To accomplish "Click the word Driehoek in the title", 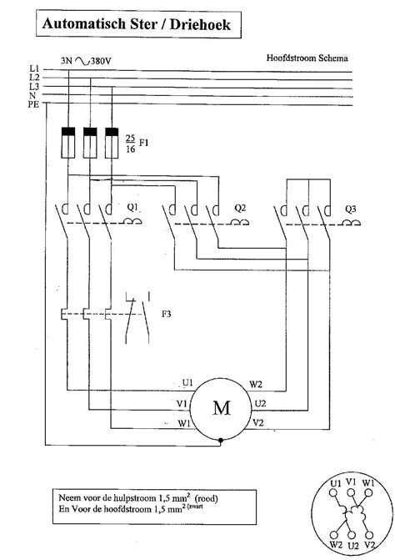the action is (x=200, y=24).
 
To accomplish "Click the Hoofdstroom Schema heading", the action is (x=307, y=58).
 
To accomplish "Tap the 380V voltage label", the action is (x=101, y=61).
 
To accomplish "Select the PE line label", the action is (x=33, y=104).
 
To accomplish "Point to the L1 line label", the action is (x=34, y=68).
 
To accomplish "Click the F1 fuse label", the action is (x=143, y=143).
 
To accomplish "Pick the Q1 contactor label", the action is (x=132, y=207).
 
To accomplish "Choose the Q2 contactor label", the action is (x=240, y=208).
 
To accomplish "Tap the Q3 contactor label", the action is (x=351, y=209).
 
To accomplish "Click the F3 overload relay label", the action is (x=167, y=314).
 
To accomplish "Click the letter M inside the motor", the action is (x=222, y=407).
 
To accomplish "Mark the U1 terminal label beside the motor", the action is (x=187, y=383).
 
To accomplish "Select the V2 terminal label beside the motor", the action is (x=258, y=423).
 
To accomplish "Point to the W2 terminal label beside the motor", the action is (x=256, y=384).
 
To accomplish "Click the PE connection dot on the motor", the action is (x=221, y=441).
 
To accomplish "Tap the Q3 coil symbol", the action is (x=352, y=223).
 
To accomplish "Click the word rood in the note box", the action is (x=207, y=498).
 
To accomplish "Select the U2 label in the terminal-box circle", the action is (x=353, y=546).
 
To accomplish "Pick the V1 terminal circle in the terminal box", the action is (x=351, y=493).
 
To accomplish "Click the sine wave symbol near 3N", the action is (x=82, y=61).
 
